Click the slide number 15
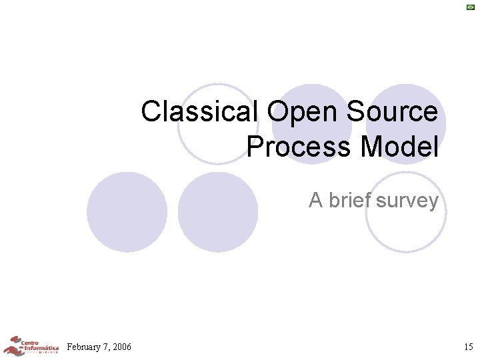[x=468, y=347]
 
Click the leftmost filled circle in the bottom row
[x=127, y=213]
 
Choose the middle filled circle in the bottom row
[x=218, y=213]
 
